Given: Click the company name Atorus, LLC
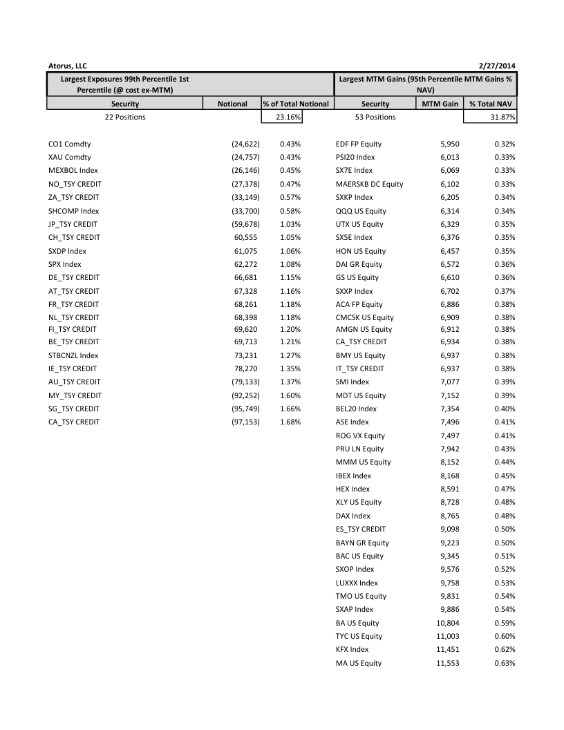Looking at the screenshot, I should [68, 66].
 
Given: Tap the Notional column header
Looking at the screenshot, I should [232, 104].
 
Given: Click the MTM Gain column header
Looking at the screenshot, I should [440, 104].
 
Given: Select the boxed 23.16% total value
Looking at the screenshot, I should [283, 117].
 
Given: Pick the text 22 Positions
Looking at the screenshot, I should [125, 117].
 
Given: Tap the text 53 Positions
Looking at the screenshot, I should [375, 117].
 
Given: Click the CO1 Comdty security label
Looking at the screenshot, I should [69, 144].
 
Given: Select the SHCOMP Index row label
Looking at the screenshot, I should [74, 211].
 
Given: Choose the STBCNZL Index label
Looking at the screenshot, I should [73, 355].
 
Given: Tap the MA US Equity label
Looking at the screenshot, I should [359, 663].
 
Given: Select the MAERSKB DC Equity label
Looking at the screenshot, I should [369, 184].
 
